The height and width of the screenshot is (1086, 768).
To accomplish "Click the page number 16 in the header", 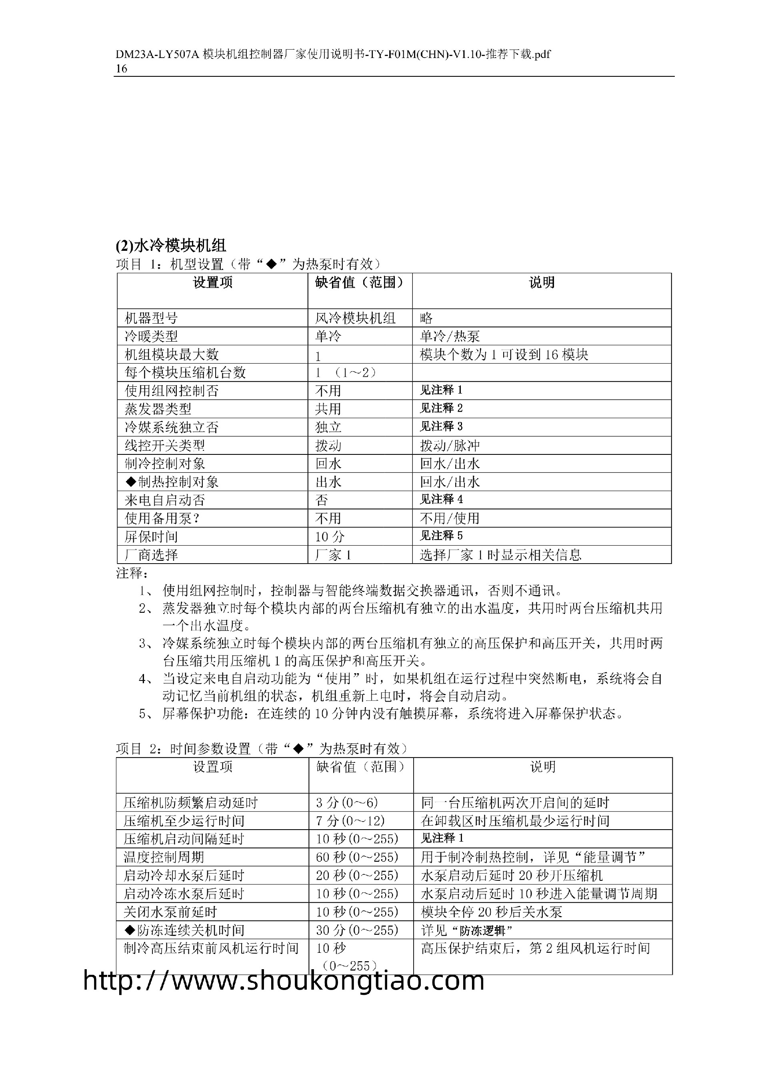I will point(122,68).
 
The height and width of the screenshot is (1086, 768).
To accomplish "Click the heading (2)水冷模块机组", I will point(171,246).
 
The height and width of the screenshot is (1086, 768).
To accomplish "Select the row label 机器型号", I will point(151,318).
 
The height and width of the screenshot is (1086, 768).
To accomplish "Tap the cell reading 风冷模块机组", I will point(355,318).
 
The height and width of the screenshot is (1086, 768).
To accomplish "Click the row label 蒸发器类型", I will point(158,409).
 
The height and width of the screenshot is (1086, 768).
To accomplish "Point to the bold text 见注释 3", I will point(441,427).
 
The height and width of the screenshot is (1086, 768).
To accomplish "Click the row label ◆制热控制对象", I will point(171,482).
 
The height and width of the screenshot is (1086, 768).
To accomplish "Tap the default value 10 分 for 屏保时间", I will point(330,536).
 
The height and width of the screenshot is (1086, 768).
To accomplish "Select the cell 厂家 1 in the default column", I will point(333,555).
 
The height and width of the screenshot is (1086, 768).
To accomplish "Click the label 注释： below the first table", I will point(132,573).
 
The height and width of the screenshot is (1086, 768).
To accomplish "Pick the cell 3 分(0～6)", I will point(347,803).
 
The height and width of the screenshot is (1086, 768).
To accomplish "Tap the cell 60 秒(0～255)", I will point(357,857).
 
